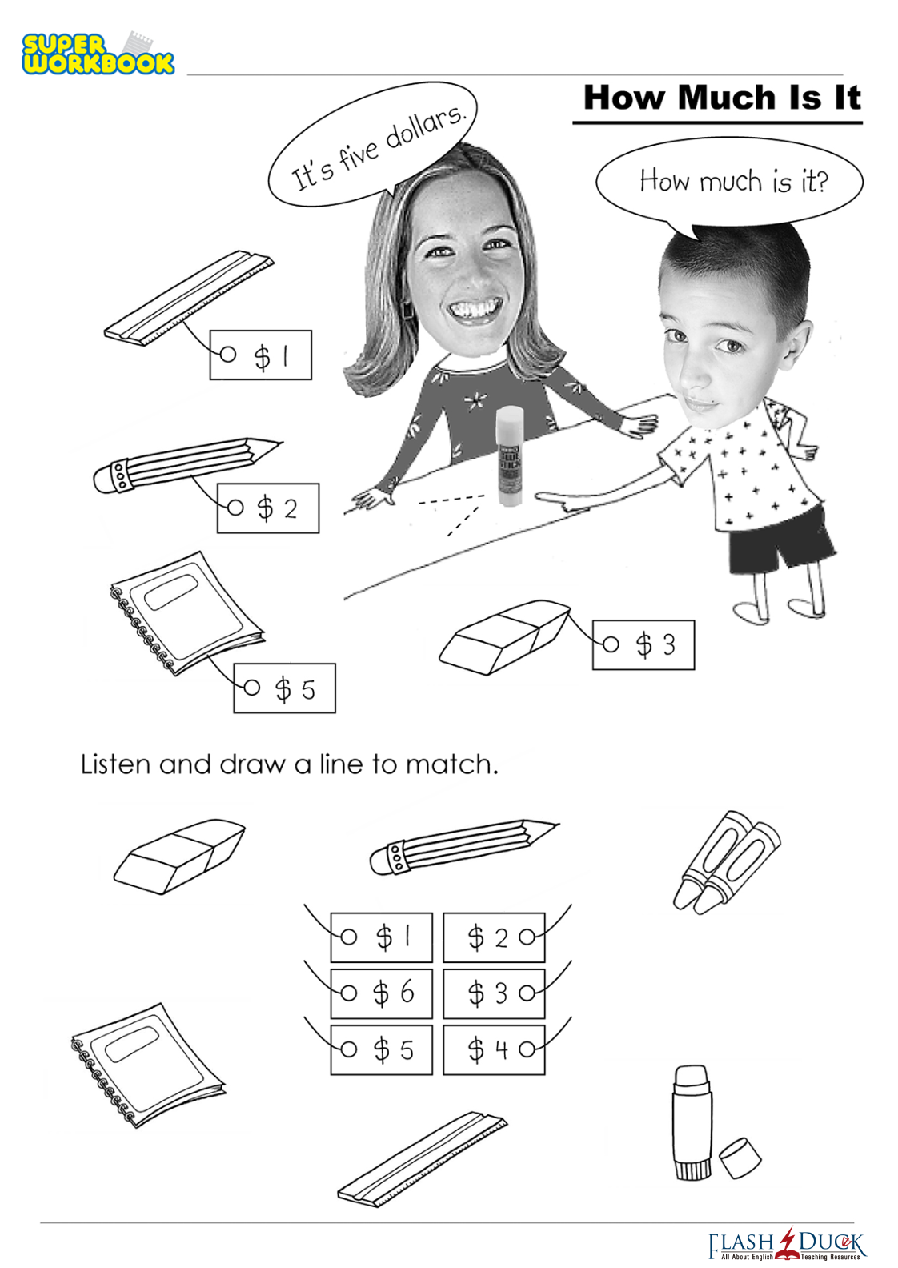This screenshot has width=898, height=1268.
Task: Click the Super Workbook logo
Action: pyautogui.click(x=98, y=53)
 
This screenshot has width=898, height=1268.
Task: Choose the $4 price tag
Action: pyautogui.click(x=493, y=1050)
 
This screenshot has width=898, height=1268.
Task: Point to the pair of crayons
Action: pyautogui.click(x=727, y=861)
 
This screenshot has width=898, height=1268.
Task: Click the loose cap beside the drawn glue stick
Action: pyautogui.click(x=740, y=1158)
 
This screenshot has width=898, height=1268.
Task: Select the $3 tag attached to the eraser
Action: pyautogui.click(x=643, y=644)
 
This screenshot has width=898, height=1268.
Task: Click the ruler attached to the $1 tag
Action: pyautogui.click(x=189, y=298)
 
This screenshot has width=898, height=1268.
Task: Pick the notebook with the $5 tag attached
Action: pyautogui.click(x=186, y=613)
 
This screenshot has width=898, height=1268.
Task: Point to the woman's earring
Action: pyautogui.click(x=407, y=310)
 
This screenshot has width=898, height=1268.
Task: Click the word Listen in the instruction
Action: pyautogui.click(x=115, y=764)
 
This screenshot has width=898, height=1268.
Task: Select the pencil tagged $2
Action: pyautogui.click(x=187, y=465)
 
